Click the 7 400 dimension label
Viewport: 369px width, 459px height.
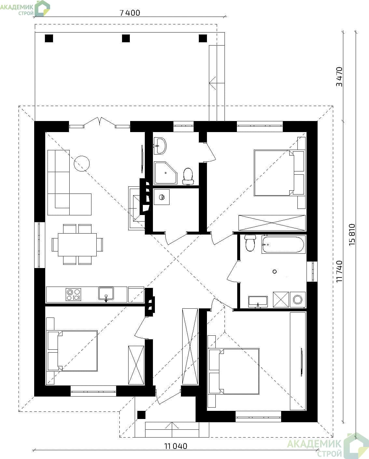click(130, 13)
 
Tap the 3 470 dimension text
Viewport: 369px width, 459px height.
click(339, 77)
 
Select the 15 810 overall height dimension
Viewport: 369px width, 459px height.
click(352, 235)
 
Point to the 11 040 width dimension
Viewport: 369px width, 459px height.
click(176, 446)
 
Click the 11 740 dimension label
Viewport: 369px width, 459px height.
click(339, 271)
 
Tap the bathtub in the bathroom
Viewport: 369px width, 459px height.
click(283, 244)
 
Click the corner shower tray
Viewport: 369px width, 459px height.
click(166, 173)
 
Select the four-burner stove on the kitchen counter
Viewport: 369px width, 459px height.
click(73, 294)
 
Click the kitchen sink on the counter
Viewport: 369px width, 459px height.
click(106, 294)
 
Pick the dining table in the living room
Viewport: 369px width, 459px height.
click(77, 244)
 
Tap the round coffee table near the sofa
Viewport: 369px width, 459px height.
click(82, 164)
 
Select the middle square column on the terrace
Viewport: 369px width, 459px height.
click(126, 38)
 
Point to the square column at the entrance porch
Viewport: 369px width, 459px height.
click(141, 415)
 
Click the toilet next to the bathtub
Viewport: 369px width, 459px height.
click(250, 243)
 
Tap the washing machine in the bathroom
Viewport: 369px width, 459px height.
click(297, 300)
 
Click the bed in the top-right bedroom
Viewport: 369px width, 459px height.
click(279, 173)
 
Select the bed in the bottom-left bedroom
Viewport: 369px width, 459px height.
click(72, 351)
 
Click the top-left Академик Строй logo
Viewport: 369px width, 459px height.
click(25, 8)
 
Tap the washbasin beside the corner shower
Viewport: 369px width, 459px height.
click(160, 146)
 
